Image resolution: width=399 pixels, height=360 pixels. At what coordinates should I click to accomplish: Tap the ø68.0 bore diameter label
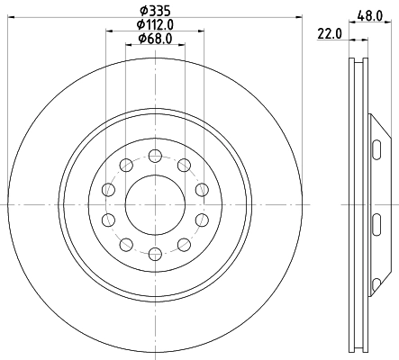click(x=154, y=39)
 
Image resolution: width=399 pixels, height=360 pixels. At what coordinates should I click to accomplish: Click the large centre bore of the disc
click(x=154, y=204)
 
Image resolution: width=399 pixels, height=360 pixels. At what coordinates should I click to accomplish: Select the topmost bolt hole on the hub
click(x=154, y=154)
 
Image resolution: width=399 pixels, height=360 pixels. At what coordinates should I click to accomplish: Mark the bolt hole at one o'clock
click(x=184, y=164)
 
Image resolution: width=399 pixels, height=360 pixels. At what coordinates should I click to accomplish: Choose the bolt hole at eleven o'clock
click(x=124, y=164)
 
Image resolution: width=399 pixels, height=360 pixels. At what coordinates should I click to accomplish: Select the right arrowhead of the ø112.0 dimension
click(x=199, y=33)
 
